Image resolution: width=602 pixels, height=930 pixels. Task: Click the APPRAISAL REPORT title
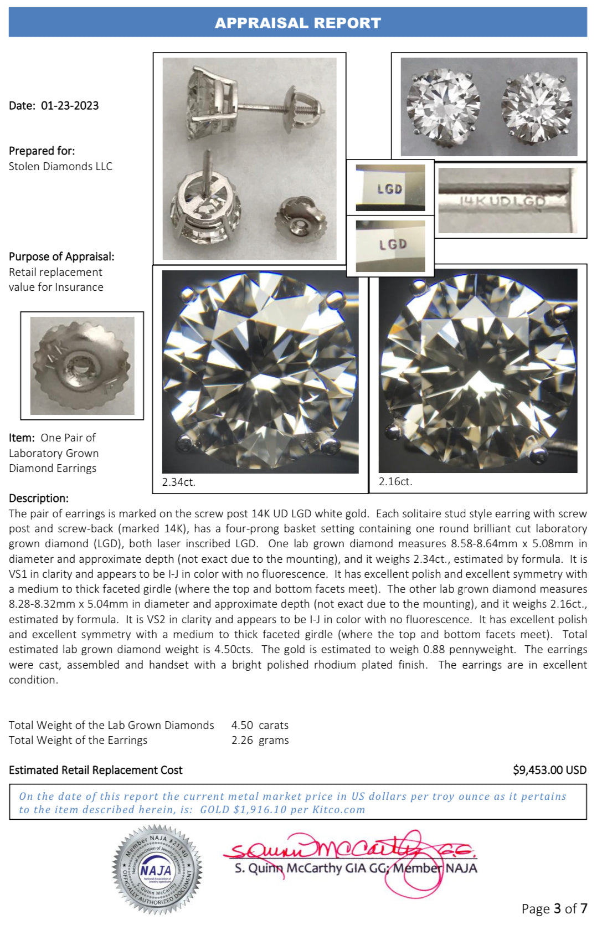click(x=298, y=23)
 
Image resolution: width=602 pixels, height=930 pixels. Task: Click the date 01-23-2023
click(x=70, y=106)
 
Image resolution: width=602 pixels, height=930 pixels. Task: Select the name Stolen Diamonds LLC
click(x=60, y=166)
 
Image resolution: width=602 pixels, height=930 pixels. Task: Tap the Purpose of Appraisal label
click(x=61, y=256)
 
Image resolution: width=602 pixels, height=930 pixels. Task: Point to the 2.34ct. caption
click(x=178, y=482)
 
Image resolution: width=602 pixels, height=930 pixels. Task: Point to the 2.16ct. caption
click(x=395, y=481)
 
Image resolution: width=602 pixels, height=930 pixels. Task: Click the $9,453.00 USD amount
click(x=549, y=770)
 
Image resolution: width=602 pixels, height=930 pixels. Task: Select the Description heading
click(x=39, y=498)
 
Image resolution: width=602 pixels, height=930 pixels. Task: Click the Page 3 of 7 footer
click(x=554, y=908)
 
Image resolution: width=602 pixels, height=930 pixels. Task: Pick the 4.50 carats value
click(x=260, y=725)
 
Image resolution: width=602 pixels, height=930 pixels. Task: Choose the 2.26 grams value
click(x=260, y=740)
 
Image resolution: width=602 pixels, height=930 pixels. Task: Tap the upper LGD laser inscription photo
click(x=390, y=188)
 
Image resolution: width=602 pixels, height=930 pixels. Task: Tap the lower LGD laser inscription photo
click(x=390, y=245)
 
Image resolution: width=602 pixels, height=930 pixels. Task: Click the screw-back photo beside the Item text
click(x=82, y=366)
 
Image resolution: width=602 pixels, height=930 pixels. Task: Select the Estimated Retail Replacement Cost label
click(x=96, y=770)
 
